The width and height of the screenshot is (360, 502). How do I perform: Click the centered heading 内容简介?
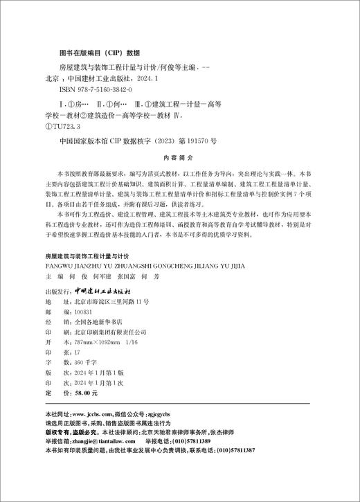pyautogui.click(x=180, y=157)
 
